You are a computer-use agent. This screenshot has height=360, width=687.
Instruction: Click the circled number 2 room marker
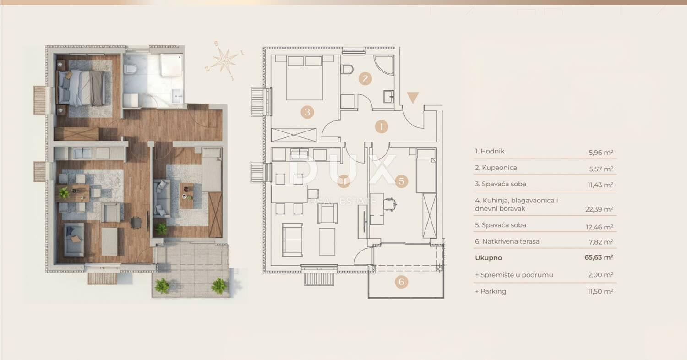click(x=365, y=78)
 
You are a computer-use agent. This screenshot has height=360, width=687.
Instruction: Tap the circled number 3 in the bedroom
click(x=307, y=112)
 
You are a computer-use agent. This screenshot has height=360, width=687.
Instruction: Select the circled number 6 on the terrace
click(x=402, y=282)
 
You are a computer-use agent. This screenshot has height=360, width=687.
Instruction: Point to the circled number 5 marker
click(x=402, y=181)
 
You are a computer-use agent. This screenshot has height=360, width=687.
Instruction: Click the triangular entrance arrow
click(x=413, y=97)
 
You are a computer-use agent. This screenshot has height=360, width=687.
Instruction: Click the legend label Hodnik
click(x=492, y=151)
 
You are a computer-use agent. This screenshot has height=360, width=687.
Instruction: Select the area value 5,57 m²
click(x=601, y=169)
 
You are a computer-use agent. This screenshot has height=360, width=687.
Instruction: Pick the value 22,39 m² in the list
click(x=599, y=209)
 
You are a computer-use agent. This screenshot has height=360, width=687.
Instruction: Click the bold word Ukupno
click(x=488, y=258)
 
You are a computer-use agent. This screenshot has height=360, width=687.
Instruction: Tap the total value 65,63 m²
click(x=599, y=257)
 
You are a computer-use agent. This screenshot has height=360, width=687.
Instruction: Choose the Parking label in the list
click(x=493, y=291)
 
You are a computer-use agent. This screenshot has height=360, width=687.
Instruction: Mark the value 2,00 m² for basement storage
click(x=600, y=275)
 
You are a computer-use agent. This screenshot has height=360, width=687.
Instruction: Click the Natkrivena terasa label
click(x=511, y=241)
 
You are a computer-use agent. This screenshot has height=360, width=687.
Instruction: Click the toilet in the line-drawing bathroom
click(x=347, y=69)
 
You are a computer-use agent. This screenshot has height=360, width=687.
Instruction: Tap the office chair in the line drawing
click(x=390, y=204)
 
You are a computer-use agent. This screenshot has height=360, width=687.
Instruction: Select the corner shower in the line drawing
click(x=384, y=65)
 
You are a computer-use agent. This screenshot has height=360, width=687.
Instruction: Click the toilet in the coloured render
click(x=131, y=69)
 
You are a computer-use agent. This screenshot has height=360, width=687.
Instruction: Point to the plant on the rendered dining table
click(x=64, y=193)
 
